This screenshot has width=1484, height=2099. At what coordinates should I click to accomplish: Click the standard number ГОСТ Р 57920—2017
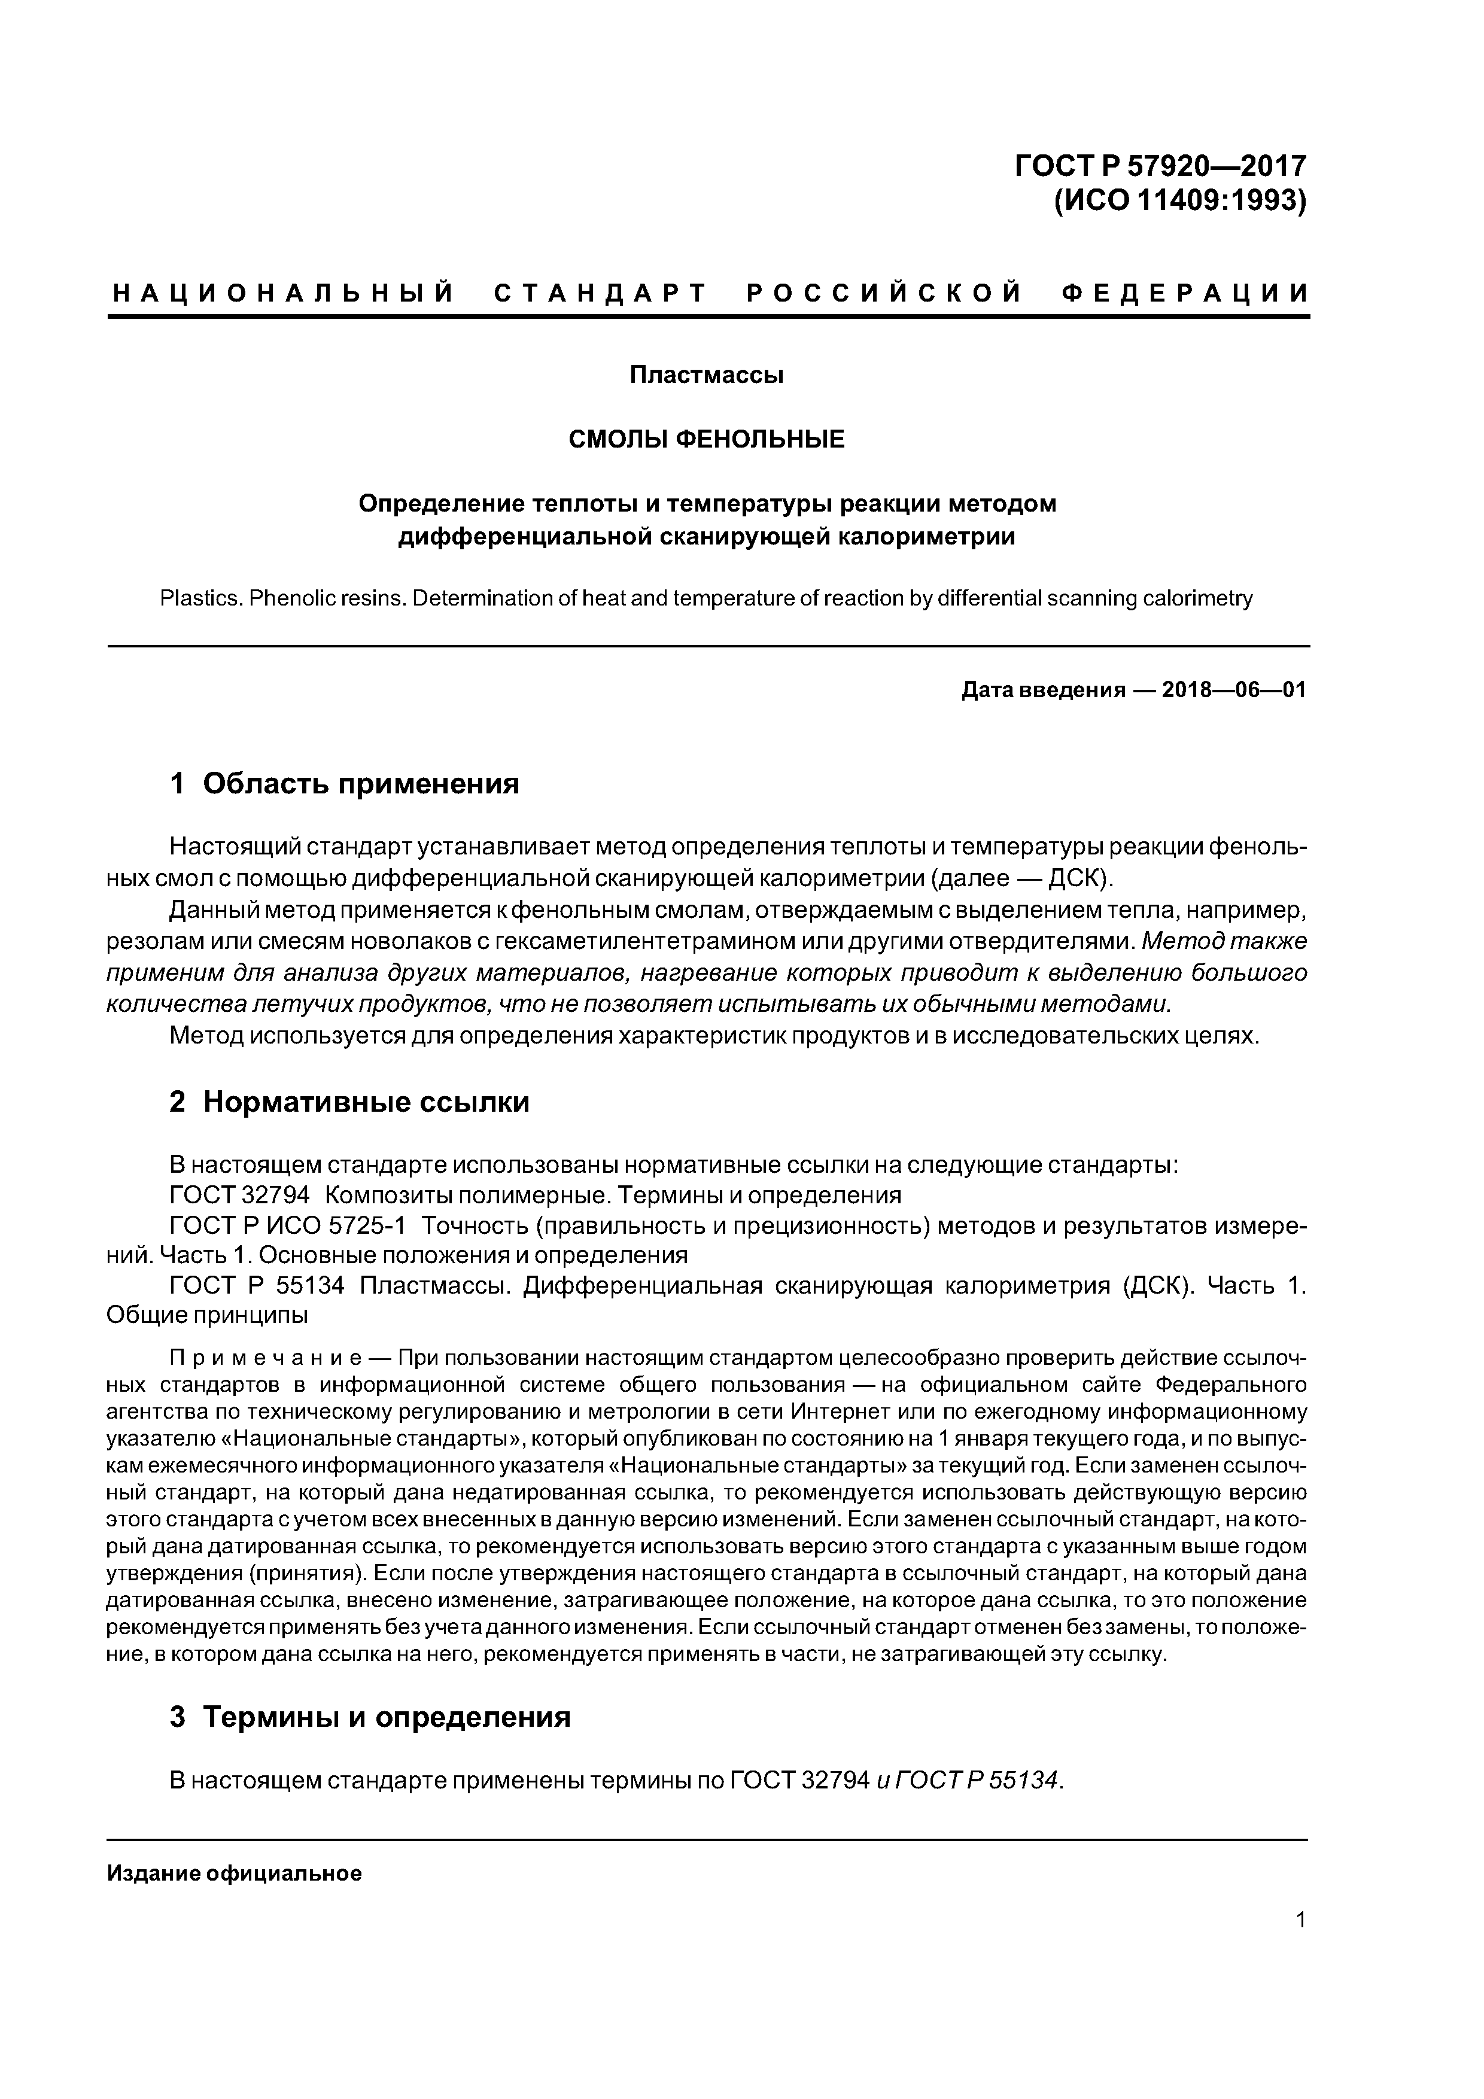(1160, 166)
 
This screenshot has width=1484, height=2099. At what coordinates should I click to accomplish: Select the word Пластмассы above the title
(706, 375)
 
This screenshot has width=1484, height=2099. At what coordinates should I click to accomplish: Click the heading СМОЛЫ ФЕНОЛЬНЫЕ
(706, 440)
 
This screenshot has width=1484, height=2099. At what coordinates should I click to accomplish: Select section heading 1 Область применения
(345, 783)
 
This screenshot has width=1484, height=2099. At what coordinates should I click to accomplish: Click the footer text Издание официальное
(234, 1874)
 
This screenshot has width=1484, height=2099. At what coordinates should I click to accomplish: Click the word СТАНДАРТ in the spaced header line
(600, 293)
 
